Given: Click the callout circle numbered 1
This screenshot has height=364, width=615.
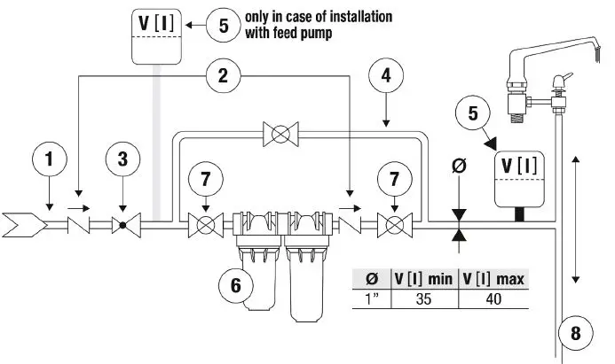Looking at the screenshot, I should click(x=51, y=160).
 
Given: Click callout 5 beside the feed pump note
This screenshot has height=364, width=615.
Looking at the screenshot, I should click(x=223, y=24).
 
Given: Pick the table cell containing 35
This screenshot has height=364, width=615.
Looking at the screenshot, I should click(x=423, y=298).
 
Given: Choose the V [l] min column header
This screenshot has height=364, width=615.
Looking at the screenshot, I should click(x=423, y=279).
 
